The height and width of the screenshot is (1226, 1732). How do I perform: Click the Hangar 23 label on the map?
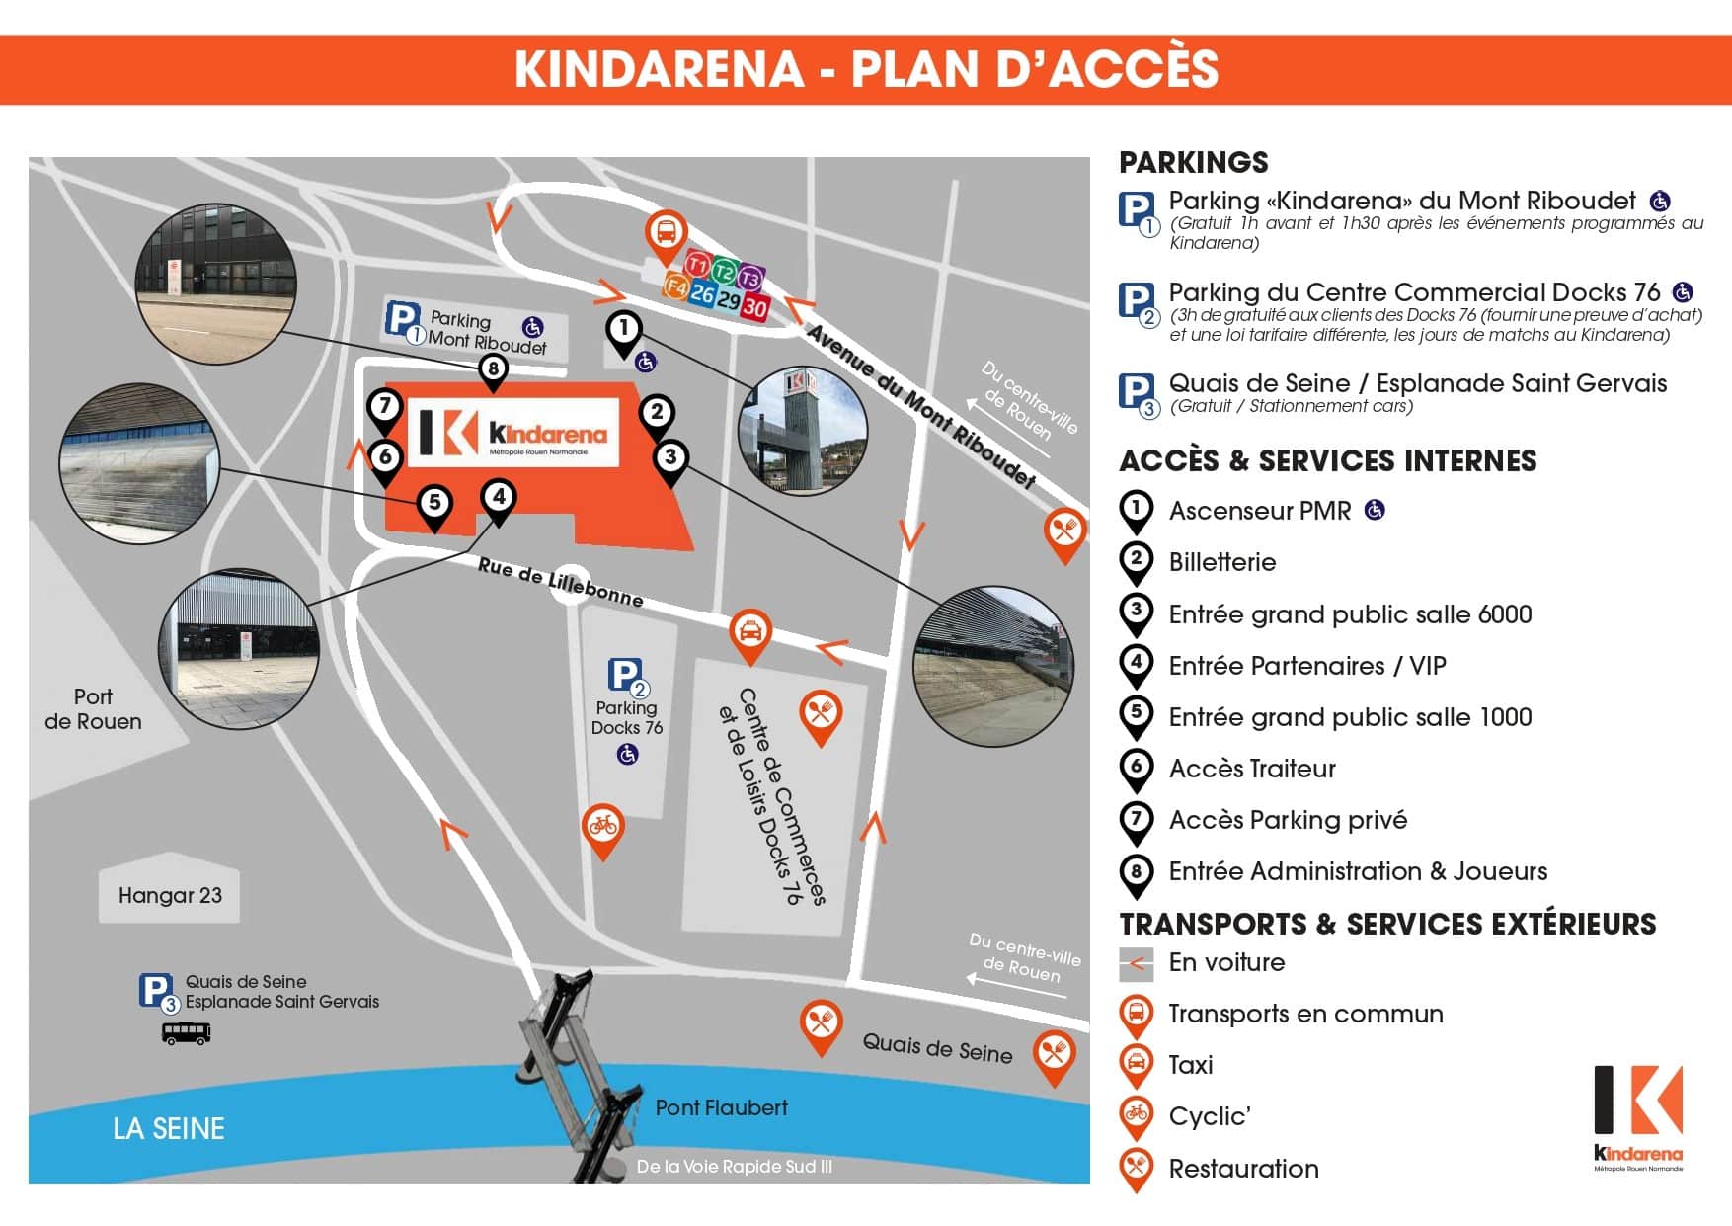(x=170, y=895)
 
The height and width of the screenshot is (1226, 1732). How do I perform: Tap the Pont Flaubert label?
(x=721, y=1107)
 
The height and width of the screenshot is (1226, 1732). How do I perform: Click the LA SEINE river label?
(x=169, y=1128)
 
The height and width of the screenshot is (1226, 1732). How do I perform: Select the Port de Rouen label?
(x=93, y=708)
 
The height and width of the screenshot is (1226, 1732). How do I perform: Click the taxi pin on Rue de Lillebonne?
(x=750, y=632)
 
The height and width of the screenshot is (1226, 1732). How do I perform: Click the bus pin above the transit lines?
(x=667, y=233)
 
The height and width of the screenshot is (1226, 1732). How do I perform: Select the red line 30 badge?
(x=754, y=307)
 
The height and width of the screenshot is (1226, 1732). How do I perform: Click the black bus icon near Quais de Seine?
(x=186, y=1033)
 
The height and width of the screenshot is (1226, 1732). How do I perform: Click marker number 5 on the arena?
(x=434, y=503)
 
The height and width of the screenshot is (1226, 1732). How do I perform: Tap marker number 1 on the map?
(x=623, y=328)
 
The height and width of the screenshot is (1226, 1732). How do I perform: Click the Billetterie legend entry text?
(x=1221, y=562)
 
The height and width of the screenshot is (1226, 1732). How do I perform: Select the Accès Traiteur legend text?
(x=1251, y=769)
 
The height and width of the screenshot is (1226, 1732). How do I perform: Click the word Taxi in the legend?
(x=1190, y=1065)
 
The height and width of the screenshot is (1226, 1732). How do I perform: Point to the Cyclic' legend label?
(x=1209, y=1116)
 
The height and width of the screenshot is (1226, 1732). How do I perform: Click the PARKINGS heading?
(x=1193, y=162)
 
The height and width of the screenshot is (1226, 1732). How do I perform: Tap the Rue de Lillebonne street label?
(x=560, y=582)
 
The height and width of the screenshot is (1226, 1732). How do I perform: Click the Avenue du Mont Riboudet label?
(x=920, y=406)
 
